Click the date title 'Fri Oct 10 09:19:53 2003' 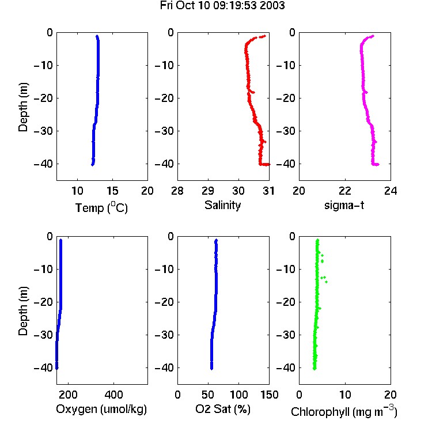222,5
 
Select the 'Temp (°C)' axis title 101,208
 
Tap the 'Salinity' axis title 222,205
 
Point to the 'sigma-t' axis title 344,205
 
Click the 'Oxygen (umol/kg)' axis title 101,410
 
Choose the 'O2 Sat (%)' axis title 223,409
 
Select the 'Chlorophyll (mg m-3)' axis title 344,411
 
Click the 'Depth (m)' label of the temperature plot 23,107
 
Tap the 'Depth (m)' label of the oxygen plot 23,311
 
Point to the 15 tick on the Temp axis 112,191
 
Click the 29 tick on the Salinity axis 208,191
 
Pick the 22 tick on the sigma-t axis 345,191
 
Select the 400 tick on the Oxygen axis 114,395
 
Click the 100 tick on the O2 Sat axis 238,395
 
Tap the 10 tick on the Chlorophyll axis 345,395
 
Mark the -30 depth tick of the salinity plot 165,131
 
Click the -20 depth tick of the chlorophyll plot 286,302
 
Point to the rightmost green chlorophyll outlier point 327,282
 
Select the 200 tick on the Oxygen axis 68,395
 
